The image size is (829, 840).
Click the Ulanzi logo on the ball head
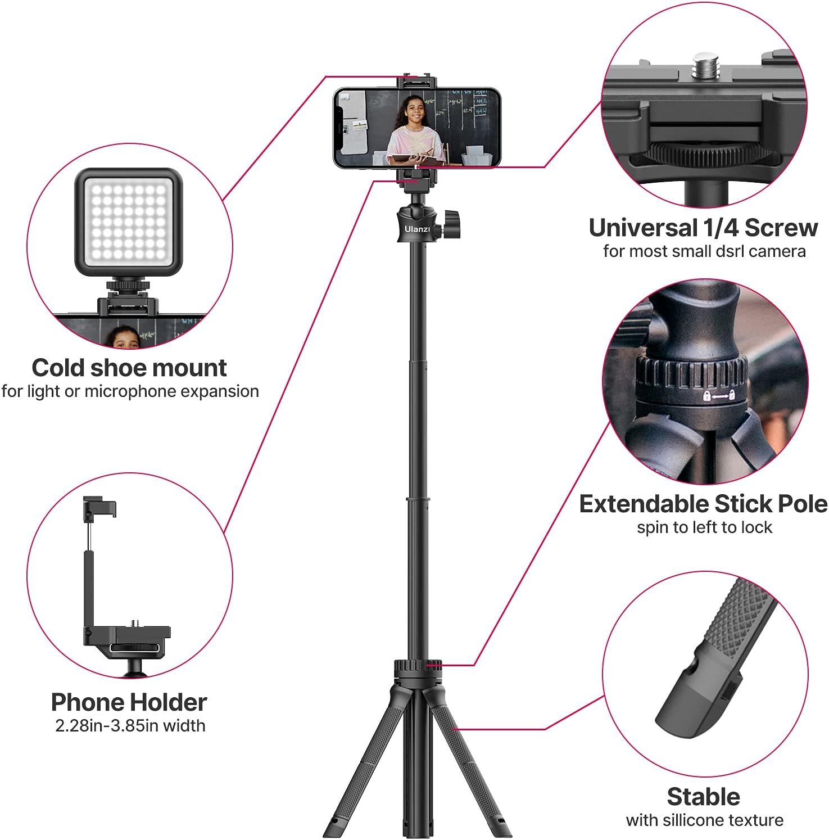click(x=417, y=229)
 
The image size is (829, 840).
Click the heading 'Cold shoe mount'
click(x=129, y=368)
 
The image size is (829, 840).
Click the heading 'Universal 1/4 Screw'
click(x=703, y=228)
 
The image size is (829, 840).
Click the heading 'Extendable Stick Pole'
click(x=703, y=504)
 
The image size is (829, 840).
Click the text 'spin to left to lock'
click(x=704, y=527)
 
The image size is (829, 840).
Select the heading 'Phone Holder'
click(x=129, y=702)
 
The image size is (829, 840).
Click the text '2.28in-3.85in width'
click(x=130, y=725)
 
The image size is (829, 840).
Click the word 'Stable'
click(x=703, y=797)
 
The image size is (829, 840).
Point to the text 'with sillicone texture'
click(x=705, y=820)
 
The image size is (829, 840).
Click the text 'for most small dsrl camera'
click(x=704, y=251)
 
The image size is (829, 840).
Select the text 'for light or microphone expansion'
click(x=130, y=391)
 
